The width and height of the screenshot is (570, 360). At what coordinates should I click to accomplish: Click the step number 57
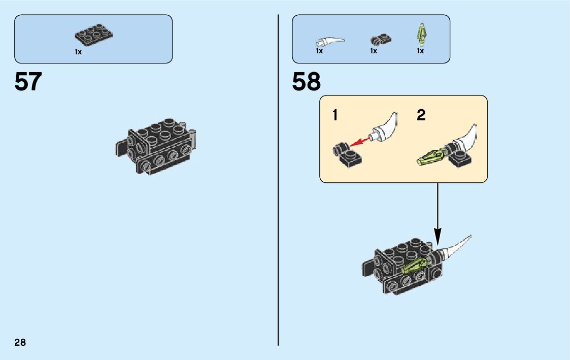(x=28, y=82)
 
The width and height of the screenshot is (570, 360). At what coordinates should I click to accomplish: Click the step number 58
(x=306, y=82)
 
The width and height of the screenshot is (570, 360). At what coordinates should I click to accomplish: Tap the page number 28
(x=20, y=342)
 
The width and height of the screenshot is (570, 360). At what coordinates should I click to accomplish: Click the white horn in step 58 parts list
(x=328, y=41)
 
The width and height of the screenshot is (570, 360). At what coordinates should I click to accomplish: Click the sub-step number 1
(x=334, y=116)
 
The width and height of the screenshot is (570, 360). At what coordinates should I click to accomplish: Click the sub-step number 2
(x=421, y=116)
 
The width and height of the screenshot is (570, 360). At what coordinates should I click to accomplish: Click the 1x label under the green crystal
(x=420, y=51)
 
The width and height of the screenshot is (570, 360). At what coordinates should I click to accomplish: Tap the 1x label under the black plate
(x=78, y=52)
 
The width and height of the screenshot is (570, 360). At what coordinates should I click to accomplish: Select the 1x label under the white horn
(x=319, y=51)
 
